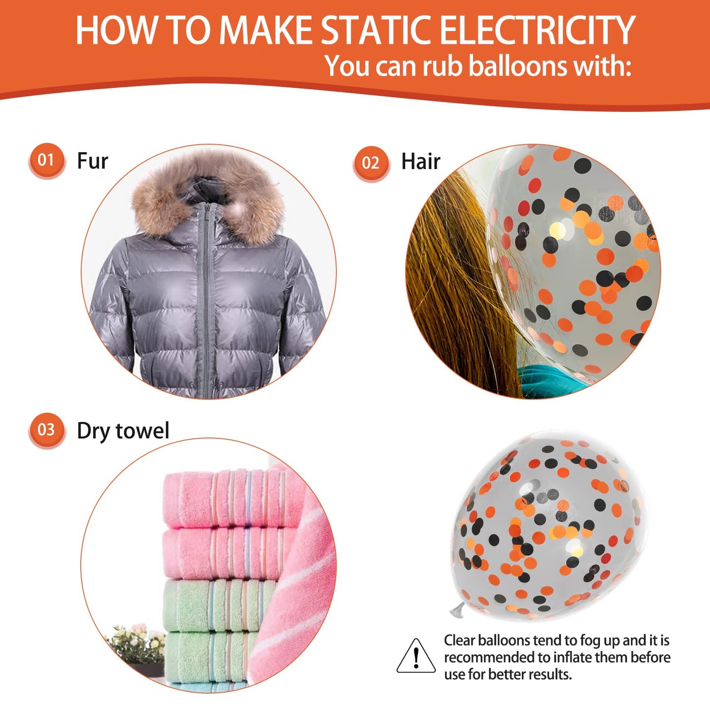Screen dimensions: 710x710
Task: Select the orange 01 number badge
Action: (46, 161)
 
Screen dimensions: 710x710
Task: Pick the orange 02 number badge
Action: (370, 163)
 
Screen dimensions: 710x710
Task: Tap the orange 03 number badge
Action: (46, 430)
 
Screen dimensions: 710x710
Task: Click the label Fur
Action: (92, 161)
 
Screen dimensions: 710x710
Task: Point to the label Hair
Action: (421, 161)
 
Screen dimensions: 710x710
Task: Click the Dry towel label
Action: (123, 431)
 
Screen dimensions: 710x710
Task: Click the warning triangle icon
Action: (416, 656)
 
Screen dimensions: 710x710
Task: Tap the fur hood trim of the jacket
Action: (208, 195)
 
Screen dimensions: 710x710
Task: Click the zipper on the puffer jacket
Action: (207, 298)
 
